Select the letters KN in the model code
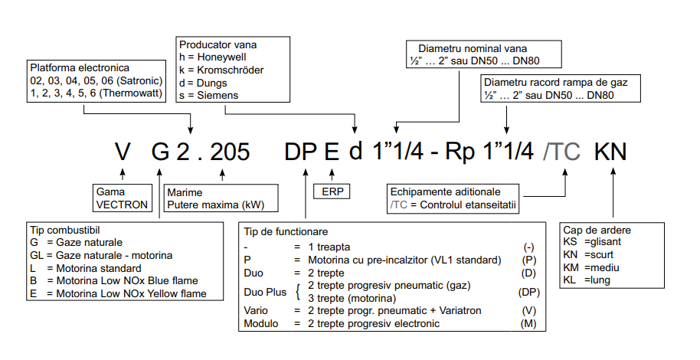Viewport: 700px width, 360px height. [610, 152]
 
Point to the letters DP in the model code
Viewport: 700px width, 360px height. [300, 152]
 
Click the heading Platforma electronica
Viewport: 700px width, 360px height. [80, 67]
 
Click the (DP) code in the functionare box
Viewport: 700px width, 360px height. [528, 293]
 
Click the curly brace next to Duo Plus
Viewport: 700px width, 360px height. [296, 292]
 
